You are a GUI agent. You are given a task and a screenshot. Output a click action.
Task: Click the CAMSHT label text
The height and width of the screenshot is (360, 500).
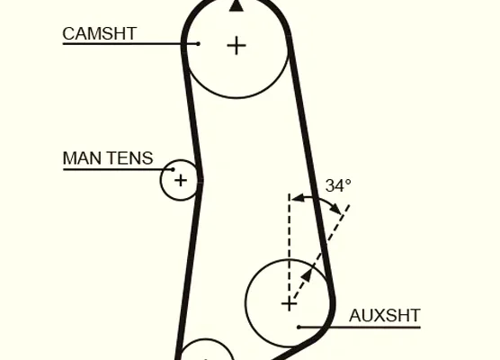pyautogui.click(x=100, y=33)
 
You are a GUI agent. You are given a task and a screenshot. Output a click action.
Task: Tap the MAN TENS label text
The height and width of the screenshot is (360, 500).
pyautogui.click(x=108, y=158)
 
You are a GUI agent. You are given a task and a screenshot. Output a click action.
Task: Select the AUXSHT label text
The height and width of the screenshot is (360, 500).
pyautogui.click(x=385, y=316)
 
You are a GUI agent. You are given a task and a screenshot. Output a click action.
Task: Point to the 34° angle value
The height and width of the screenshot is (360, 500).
pyautogui.click(x=338, y=185)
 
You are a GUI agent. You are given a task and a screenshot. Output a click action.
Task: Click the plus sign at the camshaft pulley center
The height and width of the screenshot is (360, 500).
pyautogui.click(x=237, y=46)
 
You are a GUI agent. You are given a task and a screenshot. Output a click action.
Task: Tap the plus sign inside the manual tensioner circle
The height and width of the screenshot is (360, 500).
pyautogui.click(x=181, y=180)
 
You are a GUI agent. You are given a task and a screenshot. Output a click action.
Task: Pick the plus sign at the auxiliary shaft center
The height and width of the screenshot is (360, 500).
pyautogui.click(x=290, y=304)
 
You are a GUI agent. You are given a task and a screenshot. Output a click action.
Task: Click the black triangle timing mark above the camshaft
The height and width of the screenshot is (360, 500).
pyautogui.click(x=237, y=5)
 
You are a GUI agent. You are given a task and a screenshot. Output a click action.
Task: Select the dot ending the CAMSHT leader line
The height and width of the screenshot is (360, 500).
pyautogui.click(x=198, y=44)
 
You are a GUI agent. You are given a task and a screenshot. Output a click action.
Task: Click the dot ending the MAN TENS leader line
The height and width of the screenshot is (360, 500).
pyautogui.click(x=174, y=169)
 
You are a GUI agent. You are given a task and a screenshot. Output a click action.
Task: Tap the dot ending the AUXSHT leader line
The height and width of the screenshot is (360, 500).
pyautogui.click(x=299, y=327)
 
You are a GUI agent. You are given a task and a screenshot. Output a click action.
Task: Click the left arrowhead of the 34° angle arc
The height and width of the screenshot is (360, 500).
pyautogui.click(x=297, y=199)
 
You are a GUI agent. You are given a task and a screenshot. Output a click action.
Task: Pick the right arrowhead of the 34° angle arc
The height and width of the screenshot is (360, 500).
pyautogui.click(x=335, y=209)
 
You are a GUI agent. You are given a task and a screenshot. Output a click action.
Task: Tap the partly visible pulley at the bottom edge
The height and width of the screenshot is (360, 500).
pyautogui.click(x=206, y=339)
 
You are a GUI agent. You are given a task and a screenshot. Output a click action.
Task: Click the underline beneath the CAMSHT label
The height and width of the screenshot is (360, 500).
pyautogui.click(x=130, y=44)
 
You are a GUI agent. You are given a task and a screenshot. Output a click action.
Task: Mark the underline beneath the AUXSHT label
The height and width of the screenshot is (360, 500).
pyautogui.click(x=360, y=327)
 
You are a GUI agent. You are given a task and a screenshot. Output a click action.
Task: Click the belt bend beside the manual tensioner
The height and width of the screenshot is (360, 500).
pyautogui.click(x=201, y=180)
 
